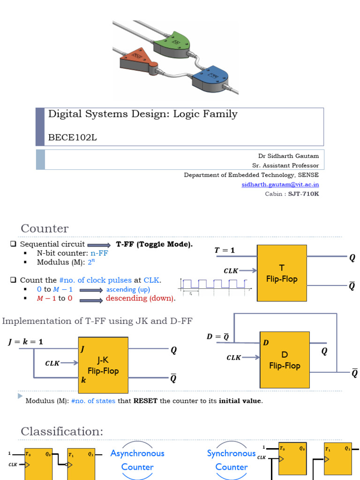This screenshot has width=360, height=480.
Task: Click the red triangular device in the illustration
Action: coord(136,59)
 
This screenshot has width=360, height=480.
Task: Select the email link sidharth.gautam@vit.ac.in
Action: coord(280,184)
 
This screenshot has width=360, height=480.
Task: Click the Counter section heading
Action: coord(45,228)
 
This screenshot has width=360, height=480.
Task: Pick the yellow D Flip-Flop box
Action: coord(285,360)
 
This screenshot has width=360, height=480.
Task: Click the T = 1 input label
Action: coord(225,250)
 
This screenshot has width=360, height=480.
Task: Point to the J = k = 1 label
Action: coord(25,342)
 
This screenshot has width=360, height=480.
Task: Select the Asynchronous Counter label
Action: coord(137,460)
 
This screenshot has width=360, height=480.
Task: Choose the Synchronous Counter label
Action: coord(232,460)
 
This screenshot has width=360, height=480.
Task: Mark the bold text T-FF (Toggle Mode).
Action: coord(154,244)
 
